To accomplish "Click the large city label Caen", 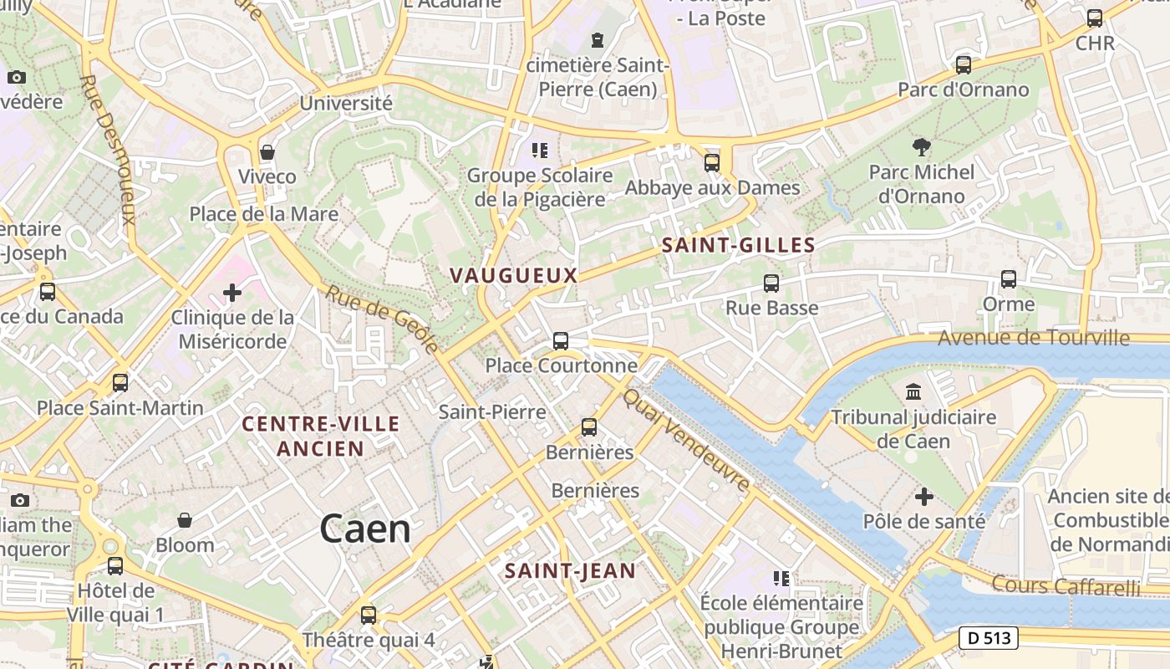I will (x=365, y=529).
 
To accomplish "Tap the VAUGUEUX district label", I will (x=513, y=275).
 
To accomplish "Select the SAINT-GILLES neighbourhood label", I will (x=738, y=245).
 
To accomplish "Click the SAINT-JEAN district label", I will (x=570, y=571).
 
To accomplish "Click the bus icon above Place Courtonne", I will (x=561, y=341).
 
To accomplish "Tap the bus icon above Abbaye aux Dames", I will (x=712, y=163).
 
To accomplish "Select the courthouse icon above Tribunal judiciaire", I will (x=913, y=391).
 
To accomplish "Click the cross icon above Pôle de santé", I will (x=923, y=498).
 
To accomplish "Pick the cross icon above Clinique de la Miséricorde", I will (x=232, y=293).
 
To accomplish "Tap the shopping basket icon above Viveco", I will (x=267, y=152).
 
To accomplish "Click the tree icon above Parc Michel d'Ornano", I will (x=922, y=148).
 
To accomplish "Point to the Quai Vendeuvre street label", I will (x=687, y=440).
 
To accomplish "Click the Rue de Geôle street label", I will (x=382, y=319).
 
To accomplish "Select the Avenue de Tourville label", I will (x=1033, y=338).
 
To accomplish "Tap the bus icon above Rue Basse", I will (x=771, y=283).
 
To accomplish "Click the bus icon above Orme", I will (x=1009, y=279).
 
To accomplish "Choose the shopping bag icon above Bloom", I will (x=185, y=521).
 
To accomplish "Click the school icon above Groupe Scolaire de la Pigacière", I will (x=540, y=151).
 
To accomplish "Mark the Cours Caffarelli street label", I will (x=1066, y=585).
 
